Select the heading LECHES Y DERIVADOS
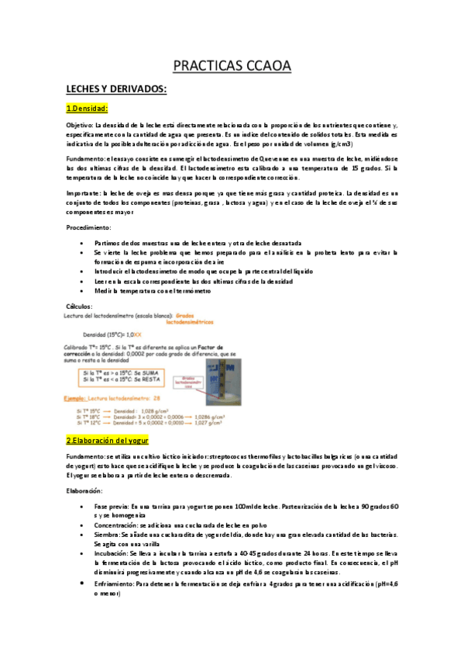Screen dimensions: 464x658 [116, 90]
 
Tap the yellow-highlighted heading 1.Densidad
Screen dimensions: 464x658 [97, 108]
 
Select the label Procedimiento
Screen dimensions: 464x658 [88, 227]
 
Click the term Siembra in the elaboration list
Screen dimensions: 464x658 [106, 534]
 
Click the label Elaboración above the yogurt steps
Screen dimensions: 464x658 [85, 490]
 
